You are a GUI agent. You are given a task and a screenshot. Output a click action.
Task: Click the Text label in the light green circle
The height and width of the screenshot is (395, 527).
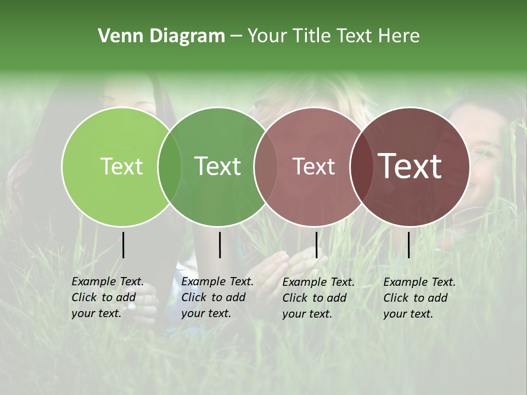[121, 166]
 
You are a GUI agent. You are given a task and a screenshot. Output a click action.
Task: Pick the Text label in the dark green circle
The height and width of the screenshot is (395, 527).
[218, 166]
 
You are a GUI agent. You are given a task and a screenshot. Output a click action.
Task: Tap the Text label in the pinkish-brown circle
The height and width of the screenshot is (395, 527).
[314, 166]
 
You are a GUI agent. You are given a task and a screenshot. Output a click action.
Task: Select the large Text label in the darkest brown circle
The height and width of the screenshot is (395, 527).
[410, 166]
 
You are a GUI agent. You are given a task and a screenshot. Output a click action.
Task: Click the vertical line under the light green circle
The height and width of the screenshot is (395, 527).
[124, 245]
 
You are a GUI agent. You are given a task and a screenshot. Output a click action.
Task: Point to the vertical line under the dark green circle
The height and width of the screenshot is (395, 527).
[220, 245]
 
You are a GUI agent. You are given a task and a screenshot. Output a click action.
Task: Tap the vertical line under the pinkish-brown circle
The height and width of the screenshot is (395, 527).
[316, 245]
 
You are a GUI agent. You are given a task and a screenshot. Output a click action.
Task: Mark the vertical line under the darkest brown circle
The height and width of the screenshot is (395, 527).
[409, 245]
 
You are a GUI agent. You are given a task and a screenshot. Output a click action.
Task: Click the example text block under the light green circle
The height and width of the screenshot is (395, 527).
[108, 297]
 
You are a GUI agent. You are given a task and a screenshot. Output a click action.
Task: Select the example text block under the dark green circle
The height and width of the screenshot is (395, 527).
[217, 297]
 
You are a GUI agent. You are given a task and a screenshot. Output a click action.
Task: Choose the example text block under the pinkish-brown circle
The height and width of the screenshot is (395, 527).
[318, 297]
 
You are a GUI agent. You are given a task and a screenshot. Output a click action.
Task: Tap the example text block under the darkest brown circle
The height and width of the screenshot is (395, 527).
[419, 297]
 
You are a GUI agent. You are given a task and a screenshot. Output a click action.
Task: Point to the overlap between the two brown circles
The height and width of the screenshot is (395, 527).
[361, 166]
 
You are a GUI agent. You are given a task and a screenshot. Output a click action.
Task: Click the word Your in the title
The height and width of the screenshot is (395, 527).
[267, 36]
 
